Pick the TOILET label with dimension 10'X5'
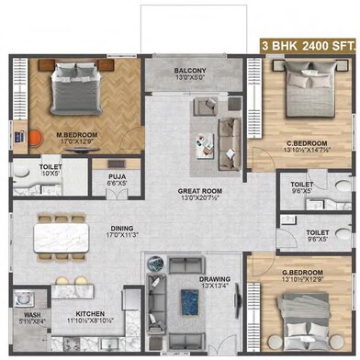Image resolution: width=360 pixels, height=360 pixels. [x=25, y=168]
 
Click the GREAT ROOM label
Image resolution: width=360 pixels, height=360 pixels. [x=197, y=192]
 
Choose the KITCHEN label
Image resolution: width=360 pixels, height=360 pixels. [x=88, y=314]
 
